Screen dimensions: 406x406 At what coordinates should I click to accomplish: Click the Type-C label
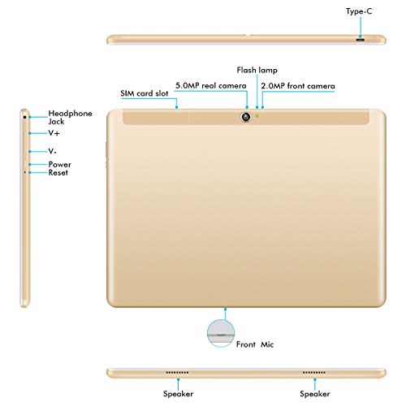pyautogui.click(x=359, y=11)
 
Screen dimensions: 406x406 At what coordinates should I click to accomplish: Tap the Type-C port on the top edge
pyautogui.click(x=361, y=40)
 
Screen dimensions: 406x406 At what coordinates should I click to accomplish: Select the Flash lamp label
pyautogui.click(x=257, y=70)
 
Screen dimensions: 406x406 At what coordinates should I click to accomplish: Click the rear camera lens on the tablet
pyautogui.click(x=246, y=117)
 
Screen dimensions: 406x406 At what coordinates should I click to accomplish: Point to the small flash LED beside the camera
pyautogui.click(x=257, y=116)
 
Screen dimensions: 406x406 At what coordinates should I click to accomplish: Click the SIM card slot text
pyautogui.click(x=145, y=93)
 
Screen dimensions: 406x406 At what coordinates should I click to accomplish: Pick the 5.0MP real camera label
pyautogui.click(x=211, y=86)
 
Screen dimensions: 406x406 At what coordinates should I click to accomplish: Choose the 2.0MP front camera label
pyautogui.click(x=298, y=86)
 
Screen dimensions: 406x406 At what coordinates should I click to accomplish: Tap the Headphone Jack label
pyautogui.click(x=70, y=117)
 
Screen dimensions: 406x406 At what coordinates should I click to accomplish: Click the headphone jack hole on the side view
pyautogui.click(x=24, y=117)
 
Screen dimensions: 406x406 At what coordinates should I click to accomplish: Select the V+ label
pyautogui.click(x=54, y=133)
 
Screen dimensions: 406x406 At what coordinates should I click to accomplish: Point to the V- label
pyautogui.click(x=52, y=151)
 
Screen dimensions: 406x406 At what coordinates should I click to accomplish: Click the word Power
pyautogui.click(x=60, y=164)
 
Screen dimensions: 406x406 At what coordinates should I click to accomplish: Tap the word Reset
pyautogui.click(x=58, y=173)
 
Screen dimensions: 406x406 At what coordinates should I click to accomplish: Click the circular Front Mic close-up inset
pyautogui.click(x=221, y=333)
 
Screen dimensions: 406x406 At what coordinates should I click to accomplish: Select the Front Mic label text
pyautogui.click(x=255, y=344)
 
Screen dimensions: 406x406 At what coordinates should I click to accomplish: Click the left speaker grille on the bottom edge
pyautogui.click(x=177, y=373)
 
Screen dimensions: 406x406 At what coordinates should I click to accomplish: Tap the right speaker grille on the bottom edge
pyautogui.click(x=314, y=373)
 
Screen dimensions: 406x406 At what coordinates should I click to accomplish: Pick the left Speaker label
pyautogui.click(x=178, y=394)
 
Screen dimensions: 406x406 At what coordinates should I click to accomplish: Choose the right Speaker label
pyautogui.click(x=315, y=394)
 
